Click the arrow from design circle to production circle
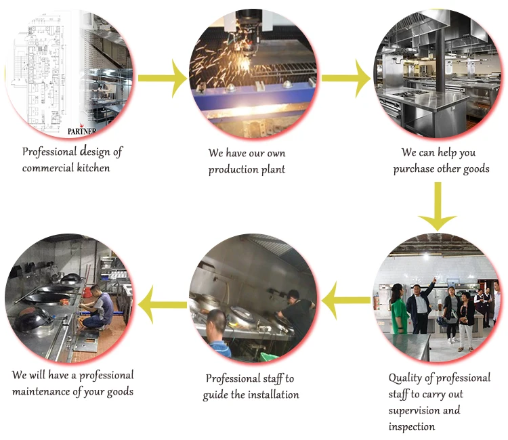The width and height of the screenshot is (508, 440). click(163, 78)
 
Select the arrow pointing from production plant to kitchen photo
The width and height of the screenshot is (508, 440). click(346, 78)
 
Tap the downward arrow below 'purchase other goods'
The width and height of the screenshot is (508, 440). click(438, 206)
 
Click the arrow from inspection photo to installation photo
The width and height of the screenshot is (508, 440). click(346, 301)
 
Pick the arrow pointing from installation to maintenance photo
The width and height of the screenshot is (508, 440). click(163, 305)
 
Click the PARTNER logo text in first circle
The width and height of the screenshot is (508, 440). click(82, 131)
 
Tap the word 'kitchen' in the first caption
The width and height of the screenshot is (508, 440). click(93, 168)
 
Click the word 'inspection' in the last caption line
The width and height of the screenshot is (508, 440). click(411, 426)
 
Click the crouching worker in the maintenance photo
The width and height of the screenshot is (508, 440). click(97, 307)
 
